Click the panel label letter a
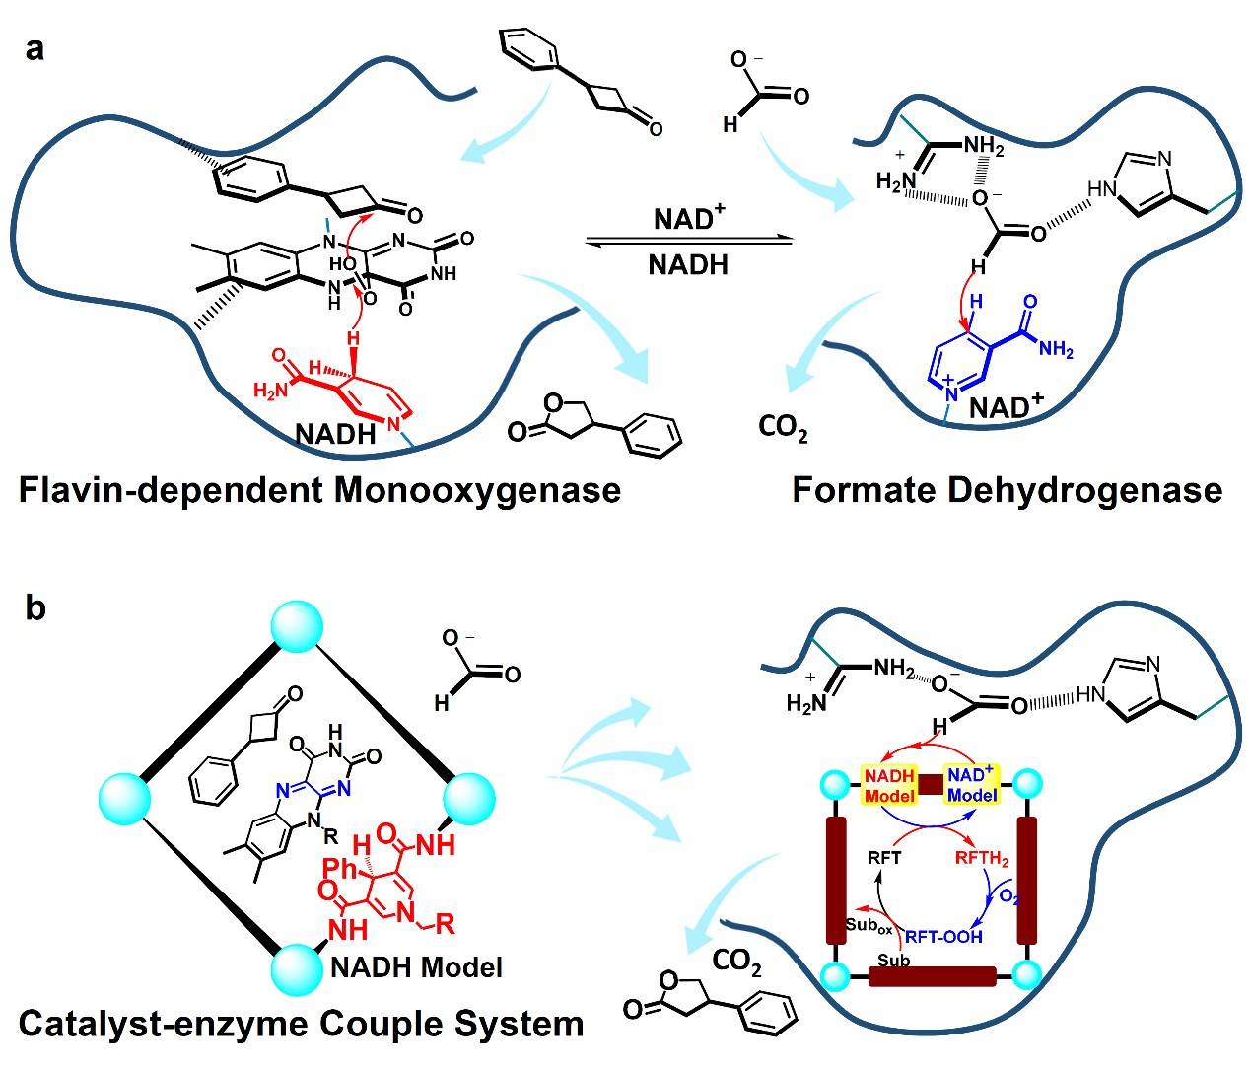(35, 48)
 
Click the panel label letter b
(35, 608)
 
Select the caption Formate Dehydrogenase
(1007, 489)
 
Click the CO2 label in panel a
(784, 430)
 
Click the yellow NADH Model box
(890, 784)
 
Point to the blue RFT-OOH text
(943, 936)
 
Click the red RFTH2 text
(983, 858)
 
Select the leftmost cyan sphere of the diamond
(125, 794)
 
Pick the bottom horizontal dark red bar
(932, 976)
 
